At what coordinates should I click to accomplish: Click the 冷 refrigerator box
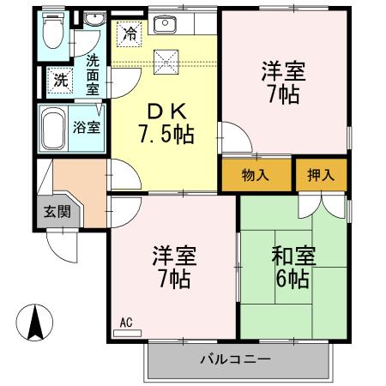tap(130, 34)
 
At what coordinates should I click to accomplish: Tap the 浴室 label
tap(87, 127)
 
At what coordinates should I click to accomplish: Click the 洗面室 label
tap(93, 75)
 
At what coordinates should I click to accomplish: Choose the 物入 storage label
tap(256, 175)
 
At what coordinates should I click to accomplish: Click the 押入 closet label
tap(322, 175)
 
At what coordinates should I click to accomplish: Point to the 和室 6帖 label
tap(292, 268)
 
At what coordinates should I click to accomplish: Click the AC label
tap(126, 323)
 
